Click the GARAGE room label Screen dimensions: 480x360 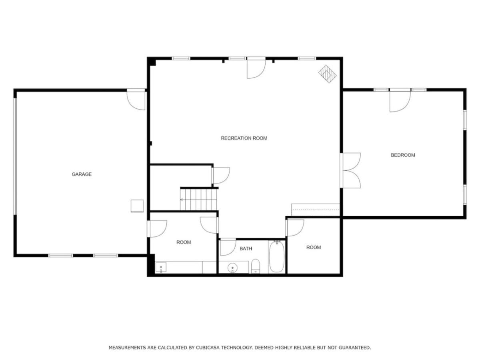pyautogui.click(x=82, y=174)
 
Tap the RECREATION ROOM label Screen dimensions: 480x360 pyautogui.click(x=244, y=138)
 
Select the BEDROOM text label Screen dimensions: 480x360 pyautogui.click(x=403, y=155)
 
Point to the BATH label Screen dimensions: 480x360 pyautogui.click(x=246, y=248)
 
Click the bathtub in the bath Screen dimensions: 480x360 pyautogui.click(x=277, y=257)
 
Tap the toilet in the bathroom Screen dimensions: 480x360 pyautogui.click(x=255, y=266)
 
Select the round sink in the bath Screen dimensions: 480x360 pyautogui.click(x=232, y=268)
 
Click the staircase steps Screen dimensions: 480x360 pyautogui.click(x=199, y=200)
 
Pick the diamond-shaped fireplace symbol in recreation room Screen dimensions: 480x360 pyautogui.click(x=327, y=74)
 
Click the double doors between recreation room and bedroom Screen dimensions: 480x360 pyautogui.click(x=350, y=170)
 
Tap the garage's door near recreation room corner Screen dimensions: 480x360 pyautogui.click(x=136, y=100)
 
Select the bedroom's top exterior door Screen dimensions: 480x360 pyautogui.click(x=400, y=100)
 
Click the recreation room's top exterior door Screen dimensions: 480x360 pyautogui.click(x=256, y=68)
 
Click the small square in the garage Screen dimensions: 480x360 pyautogui.click(x=137, y=206)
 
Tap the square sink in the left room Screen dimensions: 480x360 pyautogui.click(x=161, y=267)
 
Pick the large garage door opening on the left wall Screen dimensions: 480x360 pyautogui.click(x=15, y=156)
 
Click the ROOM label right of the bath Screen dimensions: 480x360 pyautogui.click(x=313, y=247)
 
